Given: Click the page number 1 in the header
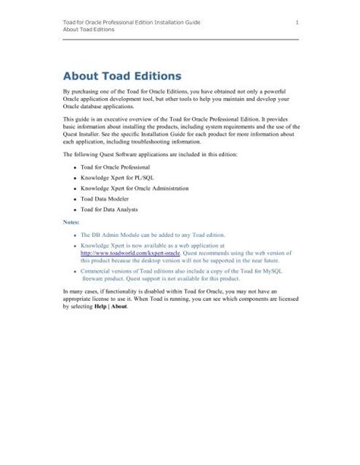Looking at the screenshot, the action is (x=295, y=24).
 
